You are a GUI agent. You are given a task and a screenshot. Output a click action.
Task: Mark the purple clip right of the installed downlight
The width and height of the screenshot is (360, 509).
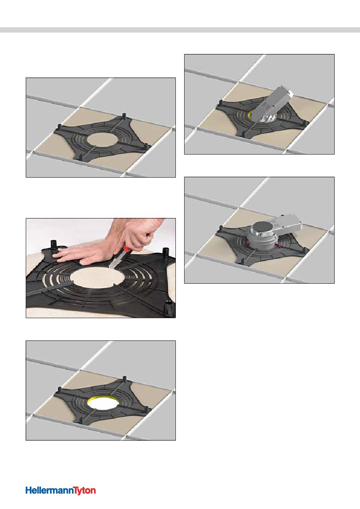[x=278, y=246]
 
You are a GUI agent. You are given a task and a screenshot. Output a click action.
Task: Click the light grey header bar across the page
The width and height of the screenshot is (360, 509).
[x=180, y=30]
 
